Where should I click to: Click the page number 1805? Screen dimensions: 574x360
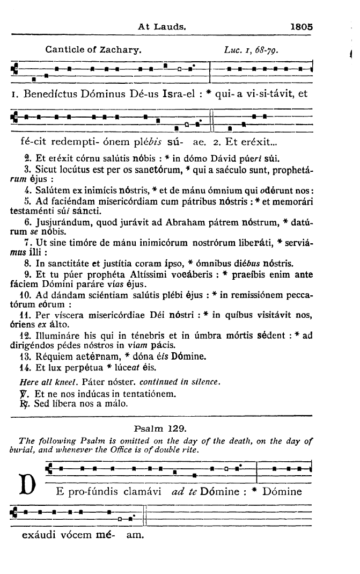pyautogui.click(x=302, y=25)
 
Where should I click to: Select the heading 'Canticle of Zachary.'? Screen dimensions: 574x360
pyautogui.click(x=93, y=51)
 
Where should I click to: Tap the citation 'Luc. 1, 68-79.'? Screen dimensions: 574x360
pyautogui.click(x=257, y=52)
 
